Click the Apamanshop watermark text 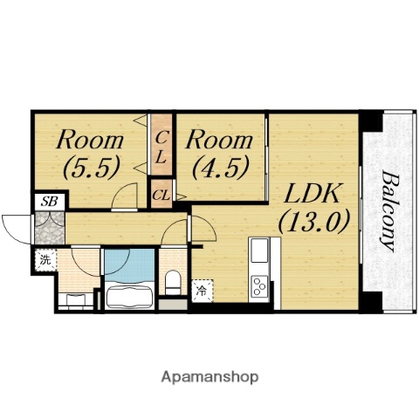209,377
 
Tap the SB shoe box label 49,202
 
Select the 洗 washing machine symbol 45,260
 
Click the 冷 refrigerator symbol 203,291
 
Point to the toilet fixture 173,282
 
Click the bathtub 129,296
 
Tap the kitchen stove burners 259,286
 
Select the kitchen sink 259,250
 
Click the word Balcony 389,211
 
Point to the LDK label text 312,193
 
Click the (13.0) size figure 313,221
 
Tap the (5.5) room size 92,167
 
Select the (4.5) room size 221,167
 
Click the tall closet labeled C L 161,145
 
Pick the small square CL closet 161,194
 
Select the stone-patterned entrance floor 50,229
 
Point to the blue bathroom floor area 129,264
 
